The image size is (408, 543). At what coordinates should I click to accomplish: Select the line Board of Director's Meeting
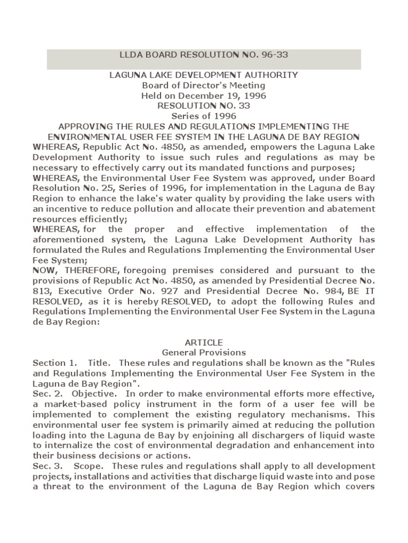pyautogui.click(x=203, y=85)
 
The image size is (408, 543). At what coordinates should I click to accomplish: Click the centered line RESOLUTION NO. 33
pyautogui.click(x=203, y=106)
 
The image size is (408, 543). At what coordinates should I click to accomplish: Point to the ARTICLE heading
pyautogui.click(x=203, y=342)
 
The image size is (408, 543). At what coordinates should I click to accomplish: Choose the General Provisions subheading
pyautogui.click(x=203, y=352)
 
